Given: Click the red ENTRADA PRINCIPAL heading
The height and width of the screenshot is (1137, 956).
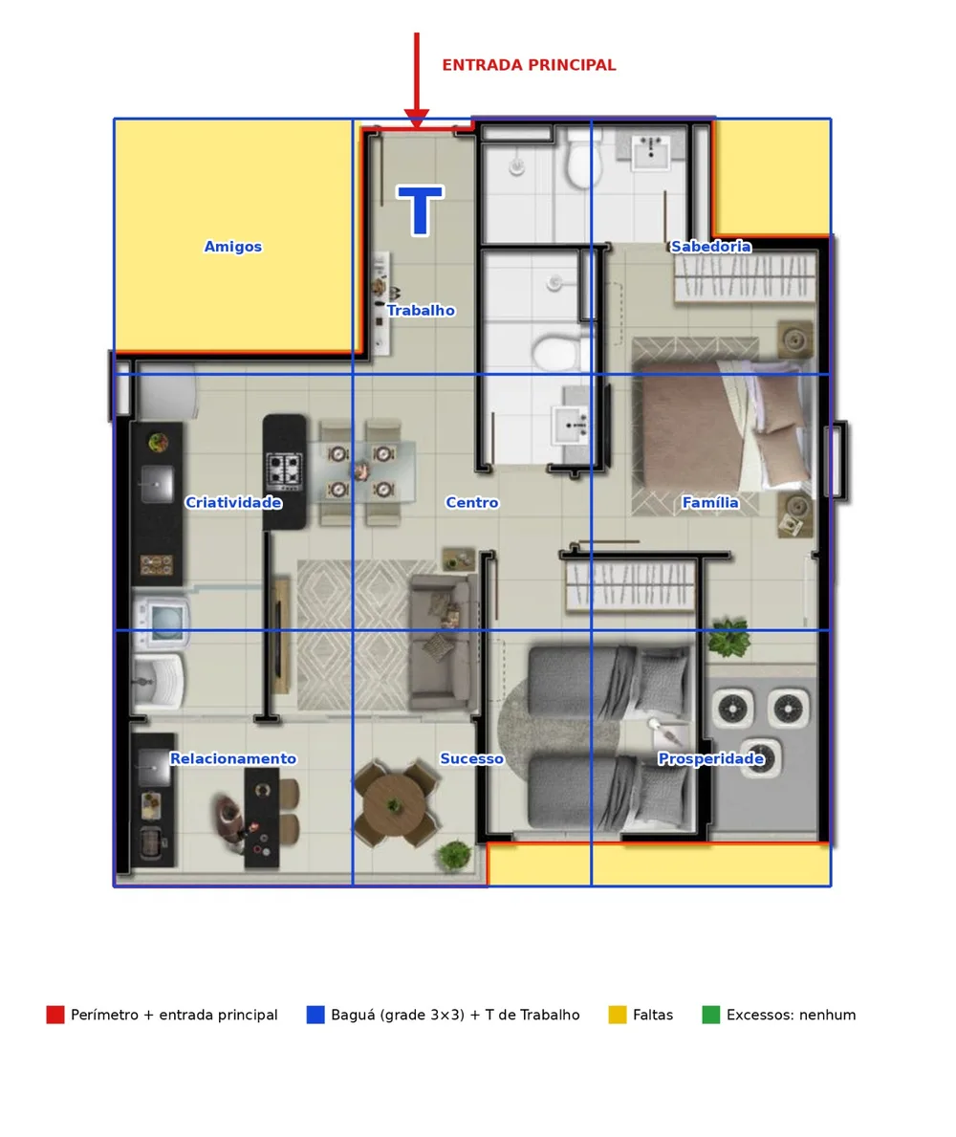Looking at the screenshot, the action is [529, 65].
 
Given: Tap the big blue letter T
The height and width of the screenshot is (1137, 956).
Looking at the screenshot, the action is [420, 210].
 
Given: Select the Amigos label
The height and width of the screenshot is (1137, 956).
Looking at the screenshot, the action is [232, 247].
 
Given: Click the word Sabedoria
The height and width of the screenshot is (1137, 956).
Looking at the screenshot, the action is [710, 247].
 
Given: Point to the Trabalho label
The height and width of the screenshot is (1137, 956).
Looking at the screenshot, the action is [421, 311].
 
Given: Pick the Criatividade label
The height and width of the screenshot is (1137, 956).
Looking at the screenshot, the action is [233, 502].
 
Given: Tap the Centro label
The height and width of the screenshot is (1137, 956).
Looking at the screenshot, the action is [472, 502].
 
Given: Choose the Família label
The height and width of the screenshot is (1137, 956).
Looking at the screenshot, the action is [710, 502].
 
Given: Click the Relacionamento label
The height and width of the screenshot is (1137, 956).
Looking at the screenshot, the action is [232, 758].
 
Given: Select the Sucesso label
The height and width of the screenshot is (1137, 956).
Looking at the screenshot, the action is [472, 758].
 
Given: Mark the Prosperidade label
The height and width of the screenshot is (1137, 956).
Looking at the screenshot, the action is [710, 758].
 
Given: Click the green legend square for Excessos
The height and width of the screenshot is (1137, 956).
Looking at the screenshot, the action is [711, 1015].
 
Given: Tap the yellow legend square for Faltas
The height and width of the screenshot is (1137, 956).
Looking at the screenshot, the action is [618, 1015].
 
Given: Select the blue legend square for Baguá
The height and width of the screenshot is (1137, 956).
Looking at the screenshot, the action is [315, 1015].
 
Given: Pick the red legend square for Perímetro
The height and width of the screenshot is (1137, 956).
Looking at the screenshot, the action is [55, 1015].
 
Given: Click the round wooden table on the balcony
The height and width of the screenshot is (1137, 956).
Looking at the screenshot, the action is [394, 803].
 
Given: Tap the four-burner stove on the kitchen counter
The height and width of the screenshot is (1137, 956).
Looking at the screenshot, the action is [284, 471].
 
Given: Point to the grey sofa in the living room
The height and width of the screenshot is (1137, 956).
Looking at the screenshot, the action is [442, 642].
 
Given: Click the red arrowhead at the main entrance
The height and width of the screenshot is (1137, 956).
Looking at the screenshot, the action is [417, 119].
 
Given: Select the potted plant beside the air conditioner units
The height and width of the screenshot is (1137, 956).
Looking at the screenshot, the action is [728, 637].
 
